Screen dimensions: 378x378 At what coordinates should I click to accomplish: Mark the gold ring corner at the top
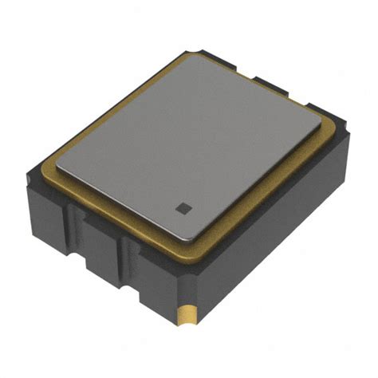189,53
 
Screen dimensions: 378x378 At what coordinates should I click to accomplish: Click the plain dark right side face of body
271,239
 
